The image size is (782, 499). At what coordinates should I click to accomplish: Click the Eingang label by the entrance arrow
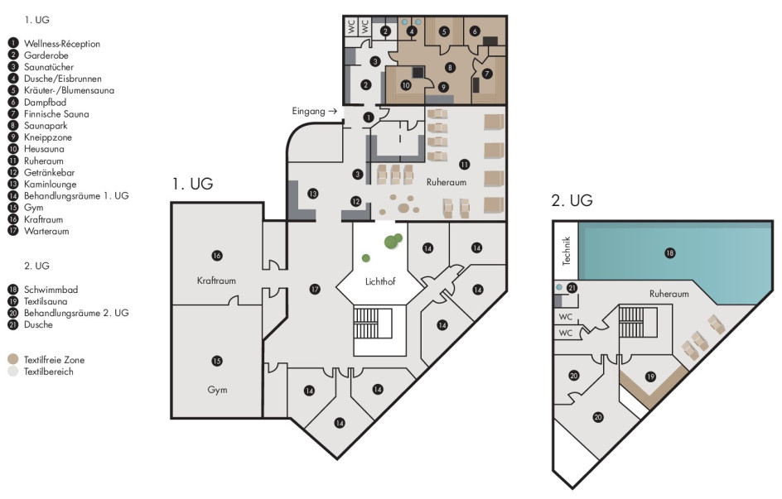pos(309,111)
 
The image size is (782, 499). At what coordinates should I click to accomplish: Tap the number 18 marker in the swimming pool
pos(670,253)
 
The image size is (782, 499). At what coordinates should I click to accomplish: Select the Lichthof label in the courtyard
pos(380,281)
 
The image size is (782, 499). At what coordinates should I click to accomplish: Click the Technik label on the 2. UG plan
pos(566,251)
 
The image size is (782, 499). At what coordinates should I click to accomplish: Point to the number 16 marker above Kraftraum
pos(216,256)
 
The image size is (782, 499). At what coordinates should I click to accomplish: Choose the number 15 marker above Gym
pos(216,361)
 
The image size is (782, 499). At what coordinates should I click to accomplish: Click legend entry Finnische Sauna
pos(56,113)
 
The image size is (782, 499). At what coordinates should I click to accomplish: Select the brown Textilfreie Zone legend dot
pos(13,359)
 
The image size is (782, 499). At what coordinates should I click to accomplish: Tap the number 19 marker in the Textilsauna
pos(650,377)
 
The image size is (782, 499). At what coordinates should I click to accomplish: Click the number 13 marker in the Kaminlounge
pos(312,193)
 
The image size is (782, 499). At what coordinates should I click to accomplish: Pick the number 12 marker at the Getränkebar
pos(355,201)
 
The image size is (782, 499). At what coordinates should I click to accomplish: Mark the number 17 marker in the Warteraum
pos(315,289)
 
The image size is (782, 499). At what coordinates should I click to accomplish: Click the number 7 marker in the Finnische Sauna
pos(487,74)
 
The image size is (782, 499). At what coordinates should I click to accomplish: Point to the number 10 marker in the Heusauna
pos(406,85)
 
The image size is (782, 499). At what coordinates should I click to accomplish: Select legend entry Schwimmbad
pos(51,290)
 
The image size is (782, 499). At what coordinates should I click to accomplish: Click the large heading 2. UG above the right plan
pos(572,200)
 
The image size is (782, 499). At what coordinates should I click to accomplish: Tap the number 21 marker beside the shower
pos(572,288)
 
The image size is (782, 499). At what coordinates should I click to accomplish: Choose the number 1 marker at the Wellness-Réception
pos(368,118)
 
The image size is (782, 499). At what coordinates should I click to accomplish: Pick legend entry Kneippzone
pos(48,137)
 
